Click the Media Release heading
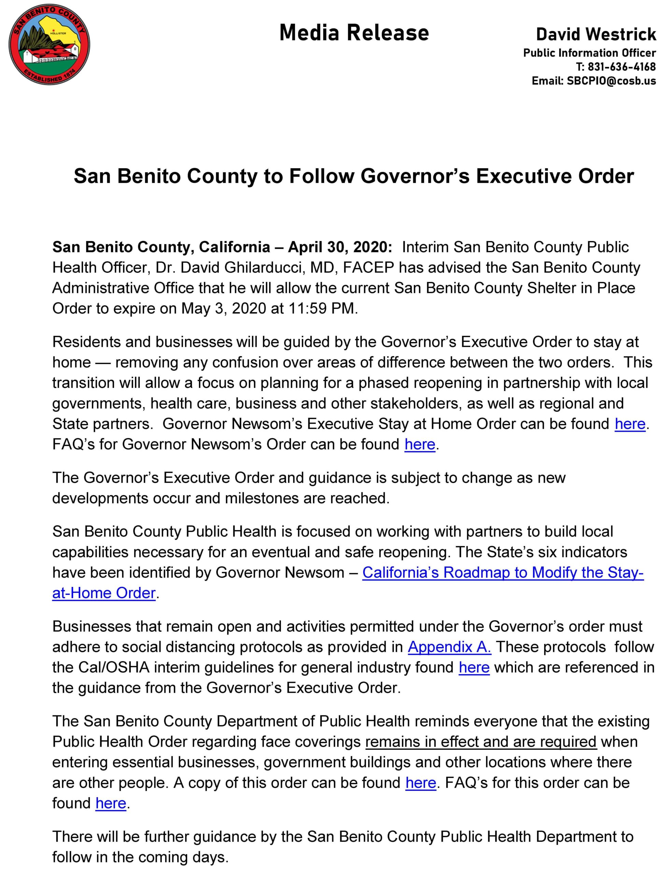tap(354, 33)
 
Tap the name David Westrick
tap(596, 35)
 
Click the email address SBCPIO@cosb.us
tap(611, 81)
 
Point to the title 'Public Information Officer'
tap(589, 53)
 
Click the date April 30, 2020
tap(340, 247)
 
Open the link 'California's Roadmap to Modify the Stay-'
tap(503, 573)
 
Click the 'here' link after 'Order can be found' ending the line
tap(630, 424)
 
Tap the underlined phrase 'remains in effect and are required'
tap(480, 742)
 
